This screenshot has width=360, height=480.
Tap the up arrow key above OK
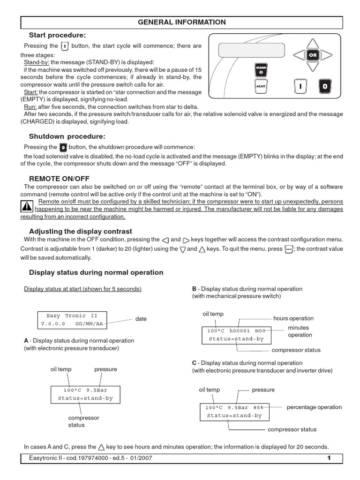point(311,43)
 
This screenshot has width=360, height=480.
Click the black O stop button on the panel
point(325,86)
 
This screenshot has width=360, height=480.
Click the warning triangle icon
point(27,206)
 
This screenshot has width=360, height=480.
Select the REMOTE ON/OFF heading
point(59,179)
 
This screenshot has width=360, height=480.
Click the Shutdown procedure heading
point(67,136)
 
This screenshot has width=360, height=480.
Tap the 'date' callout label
point(141,319)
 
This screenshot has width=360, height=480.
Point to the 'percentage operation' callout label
point(314,407)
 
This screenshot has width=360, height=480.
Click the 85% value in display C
point(262,408)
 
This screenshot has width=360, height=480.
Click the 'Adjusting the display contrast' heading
point(81,231)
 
